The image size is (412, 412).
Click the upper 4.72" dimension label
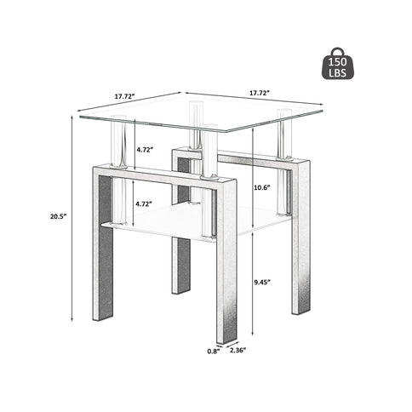144,150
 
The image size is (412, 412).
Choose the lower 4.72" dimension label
144,204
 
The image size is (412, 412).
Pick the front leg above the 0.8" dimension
225,289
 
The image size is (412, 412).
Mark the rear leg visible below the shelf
180,264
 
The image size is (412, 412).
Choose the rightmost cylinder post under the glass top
283,136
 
